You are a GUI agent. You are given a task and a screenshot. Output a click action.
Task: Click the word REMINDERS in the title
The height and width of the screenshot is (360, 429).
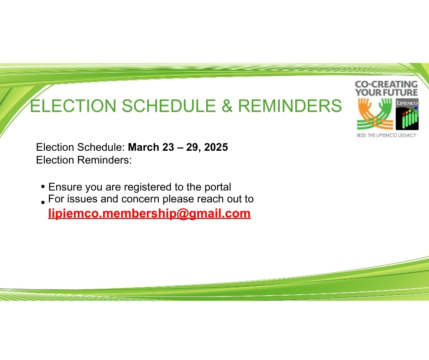click(x=290, y=106)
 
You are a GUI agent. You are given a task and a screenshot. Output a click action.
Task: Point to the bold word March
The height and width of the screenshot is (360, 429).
click(x=144, y=147)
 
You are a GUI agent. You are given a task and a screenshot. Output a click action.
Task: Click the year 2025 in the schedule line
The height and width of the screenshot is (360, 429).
click(x=216, y=147)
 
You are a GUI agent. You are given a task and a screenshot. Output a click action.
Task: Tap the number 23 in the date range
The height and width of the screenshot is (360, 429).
click(x=168, y=147)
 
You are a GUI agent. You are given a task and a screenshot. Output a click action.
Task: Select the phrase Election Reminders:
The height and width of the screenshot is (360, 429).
click(x=84, y=160)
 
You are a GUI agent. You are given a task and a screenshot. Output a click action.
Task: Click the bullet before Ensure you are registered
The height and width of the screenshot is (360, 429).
click(x=43, y=186)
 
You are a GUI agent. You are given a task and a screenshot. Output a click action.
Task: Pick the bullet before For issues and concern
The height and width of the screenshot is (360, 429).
click(x=43, y=202)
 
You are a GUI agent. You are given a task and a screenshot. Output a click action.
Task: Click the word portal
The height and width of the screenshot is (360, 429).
click(x=218, y=187)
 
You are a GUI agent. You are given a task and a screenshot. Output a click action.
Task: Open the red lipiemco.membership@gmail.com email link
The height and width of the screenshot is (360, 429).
click(x=149, y=213)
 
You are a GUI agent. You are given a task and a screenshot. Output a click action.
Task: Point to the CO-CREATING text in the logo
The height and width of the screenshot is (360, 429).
click(x=386, y=84)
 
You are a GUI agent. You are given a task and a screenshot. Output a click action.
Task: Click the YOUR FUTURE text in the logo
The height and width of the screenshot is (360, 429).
click(x=386, y=92)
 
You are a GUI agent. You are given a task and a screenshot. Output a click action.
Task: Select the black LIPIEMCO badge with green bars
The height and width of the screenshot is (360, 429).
click(x=407, y=114)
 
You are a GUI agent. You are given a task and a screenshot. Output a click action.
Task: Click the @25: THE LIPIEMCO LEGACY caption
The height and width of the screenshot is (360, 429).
click(x=386, y=135)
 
